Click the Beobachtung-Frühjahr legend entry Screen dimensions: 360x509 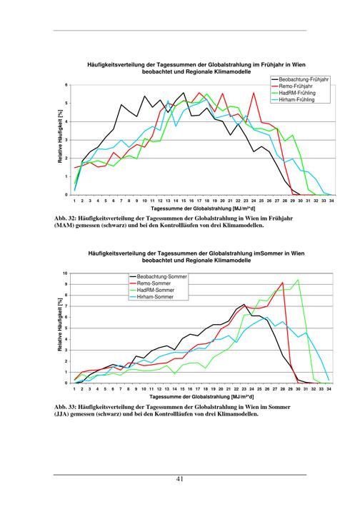click(300, 79)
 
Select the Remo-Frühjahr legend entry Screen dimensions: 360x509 click(291, 86)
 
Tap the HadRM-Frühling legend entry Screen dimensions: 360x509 click(293, 94)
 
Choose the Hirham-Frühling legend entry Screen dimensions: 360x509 click(293, 100)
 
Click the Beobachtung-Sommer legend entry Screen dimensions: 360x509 click(159, 276)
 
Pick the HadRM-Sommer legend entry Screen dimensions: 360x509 click(151, 291)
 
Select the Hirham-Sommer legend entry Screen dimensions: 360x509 click(151, 297)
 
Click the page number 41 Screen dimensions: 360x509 click(180, 479)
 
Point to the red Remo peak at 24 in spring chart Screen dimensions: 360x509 click(254, 93)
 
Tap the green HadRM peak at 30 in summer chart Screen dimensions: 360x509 click(298, 280)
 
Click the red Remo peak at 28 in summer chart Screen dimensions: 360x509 click(282, 283)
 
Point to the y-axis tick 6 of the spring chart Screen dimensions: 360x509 click(66, 85)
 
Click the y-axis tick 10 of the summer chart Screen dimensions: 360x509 click(65, 273)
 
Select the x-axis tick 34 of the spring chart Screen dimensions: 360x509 click(331, 201)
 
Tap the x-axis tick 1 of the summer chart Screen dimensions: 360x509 click(74, 389)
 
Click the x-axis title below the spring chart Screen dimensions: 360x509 click(203, 208)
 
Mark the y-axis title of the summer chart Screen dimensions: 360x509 click(60, 325)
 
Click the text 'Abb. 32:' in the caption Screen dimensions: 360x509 click(65, 218)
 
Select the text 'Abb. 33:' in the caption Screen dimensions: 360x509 click(65, 407)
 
